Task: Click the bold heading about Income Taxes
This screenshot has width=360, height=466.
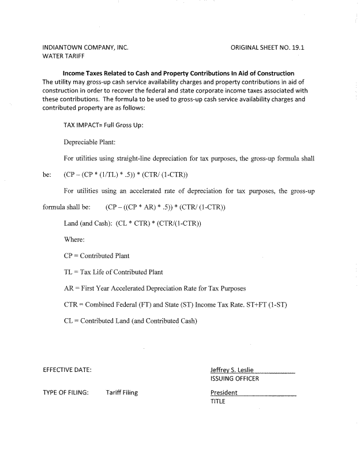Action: tap(178, 73)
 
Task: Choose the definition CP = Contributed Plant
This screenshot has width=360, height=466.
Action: tap(96, 255)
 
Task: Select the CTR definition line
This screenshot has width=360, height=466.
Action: tap(175, 304)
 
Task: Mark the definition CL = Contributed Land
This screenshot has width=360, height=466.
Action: tap(130, 320)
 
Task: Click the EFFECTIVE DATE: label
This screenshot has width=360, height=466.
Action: tap(67, 369)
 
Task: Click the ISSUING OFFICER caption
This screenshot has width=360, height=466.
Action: tap(235, 379)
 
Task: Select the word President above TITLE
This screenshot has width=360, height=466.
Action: tap(224, 393)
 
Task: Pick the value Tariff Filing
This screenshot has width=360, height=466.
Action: tap(122, 393)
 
